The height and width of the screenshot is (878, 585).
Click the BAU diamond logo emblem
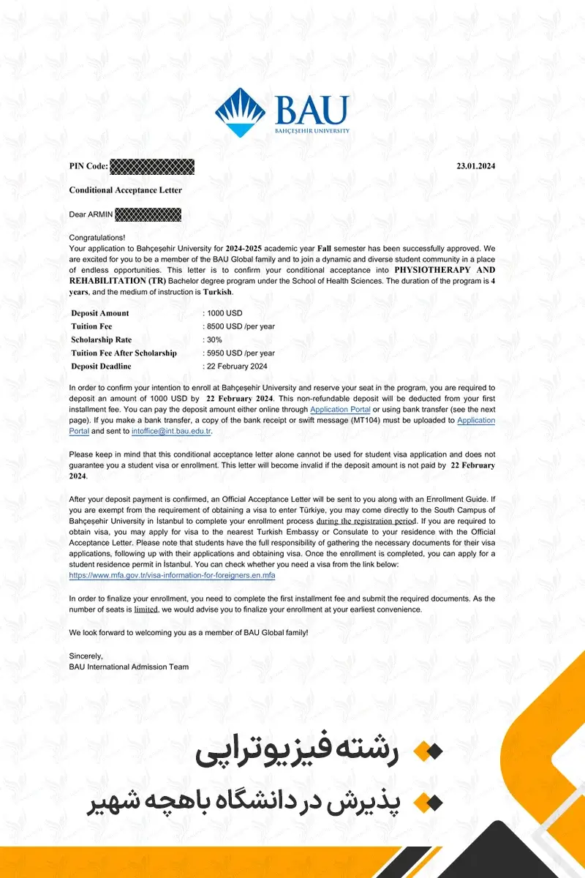pos(241,112)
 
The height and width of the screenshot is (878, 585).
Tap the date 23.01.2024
pos(476,166)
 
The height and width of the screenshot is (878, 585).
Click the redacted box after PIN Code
pos(152,166)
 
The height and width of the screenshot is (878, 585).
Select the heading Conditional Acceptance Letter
pos(125,190)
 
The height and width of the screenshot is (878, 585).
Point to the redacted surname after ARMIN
pos(148,214)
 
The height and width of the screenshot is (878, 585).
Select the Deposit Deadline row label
pos(101,366)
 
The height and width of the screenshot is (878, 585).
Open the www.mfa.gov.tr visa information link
pos(172,576)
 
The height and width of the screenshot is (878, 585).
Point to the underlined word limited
pos(146,609)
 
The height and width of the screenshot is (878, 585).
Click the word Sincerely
pos(86,656)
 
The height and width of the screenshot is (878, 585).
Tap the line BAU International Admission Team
pos(129,667)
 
